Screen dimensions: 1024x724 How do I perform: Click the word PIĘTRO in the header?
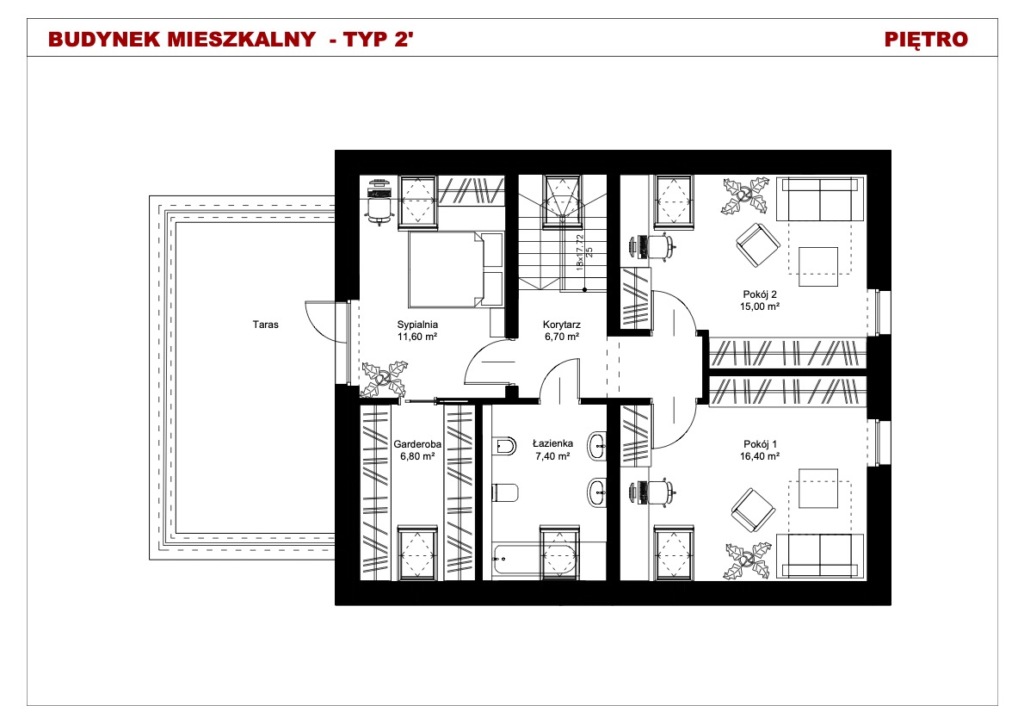point(926,40)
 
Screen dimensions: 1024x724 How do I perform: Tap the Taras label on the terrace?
point(266,324)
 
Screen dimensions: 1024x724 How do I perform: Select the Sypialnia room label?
point(417,324)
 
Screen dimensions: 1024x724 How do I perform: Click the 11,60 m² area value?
point(417,337)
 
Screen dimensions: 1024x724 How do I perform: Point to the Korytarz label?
point(562,324)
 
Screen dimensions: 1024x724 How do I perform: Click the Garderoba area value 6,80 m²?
point(417,456)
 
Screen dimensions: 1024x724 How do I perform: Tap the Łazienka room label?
point(552,443)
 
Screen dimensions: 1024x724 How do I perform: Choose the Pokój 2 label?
point(760,294)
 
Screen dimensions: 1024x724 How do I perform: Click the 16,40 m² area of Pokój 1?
point(760,456)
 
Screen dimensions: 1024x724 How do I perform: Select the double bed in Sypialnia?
point(456,269)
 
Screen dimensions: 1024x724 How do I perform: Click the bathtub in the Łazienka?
point(535,560)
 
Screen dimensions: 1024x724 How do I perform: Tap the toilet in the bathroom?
point(505,492)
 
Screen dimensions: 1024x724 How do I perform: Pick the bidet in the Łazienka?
point(505,446)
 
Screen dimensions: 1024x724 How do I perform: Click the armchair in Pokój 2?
point(758,245)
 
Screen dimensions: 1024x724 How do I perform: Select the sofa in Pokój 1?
point(820,556)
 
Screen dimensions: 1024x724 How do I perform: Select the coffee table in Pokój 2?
point(818,266)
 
